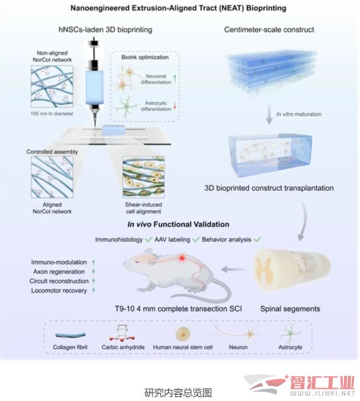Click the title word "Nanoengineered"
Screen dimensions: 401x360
pyautogui.click(x=93, y=8)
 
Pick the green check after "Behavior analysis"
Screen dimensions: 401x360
pyautogui.click(x=257, y=240)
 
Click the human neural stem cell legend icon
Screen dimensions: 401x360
pyautogui.click(x=183, y=333)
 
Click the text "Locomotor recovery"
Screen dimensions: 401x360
pyautogui.click(x=59, y=290)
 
